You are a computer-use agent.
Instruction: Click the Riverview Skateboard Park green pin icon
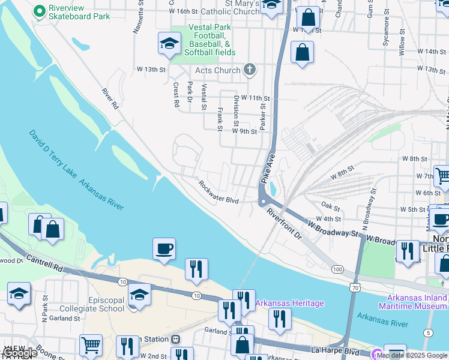40,11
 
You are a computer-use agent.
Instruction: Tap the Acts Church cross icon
250,70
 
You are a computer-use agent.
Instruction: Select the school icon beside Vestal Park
169,43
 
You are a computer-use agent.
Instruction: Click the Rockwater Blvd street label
219,193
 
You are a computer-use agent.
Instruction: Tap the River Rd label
110,99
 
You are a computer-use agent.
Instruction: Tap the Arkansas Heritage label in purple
290,303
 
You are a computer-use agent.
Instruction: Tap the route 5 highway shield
428,332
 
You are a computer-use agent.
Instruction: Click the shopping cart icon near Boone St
91,345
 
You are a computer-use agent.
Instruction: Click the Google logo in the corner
19,353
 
